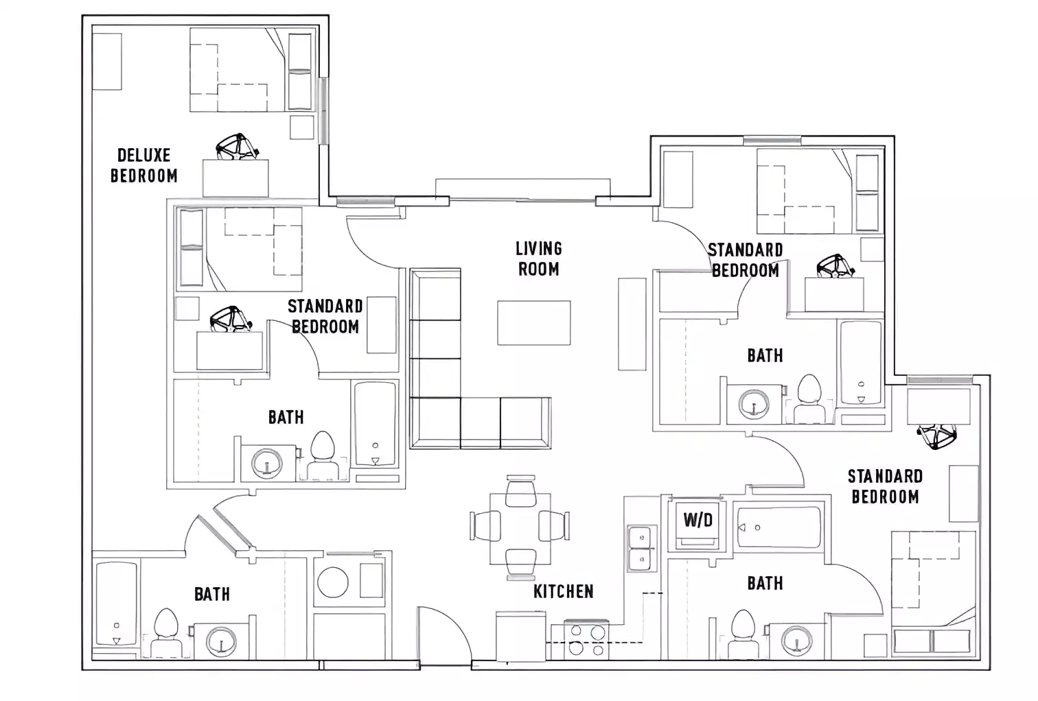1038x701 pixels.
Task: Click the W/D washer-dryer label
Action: (697, 520)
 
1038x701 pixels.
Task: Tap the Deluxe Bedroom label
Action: (143, 165)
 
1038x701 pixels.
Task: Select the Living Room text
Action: (538, 259)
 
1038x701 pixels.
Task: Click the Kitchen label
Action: (563, 591)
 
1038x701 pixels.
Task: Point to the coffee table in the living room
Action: (533, 323)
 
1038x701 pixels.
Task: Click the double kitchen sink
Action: (640, 549)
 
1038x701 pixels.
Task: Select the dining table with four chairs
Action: (520, 526)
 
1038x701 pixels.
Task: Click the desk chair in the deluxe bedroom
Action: (236, 147)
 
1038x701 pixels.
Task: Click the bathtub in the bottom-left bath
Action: (115, 604)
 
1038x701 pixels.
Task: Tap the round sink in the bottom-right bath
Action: (796, 641)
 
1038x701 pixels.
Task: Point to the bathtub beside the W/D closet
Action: (777, 527)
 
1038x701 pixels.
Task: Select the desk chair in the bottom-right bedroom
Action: (936, 436)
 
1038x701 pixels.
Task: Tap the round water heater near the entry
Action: (333, 582)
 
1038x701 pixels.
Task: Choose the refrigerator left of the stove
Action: (520, 636)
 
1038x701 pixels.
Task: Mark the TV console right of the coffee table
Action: (632, 324)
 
